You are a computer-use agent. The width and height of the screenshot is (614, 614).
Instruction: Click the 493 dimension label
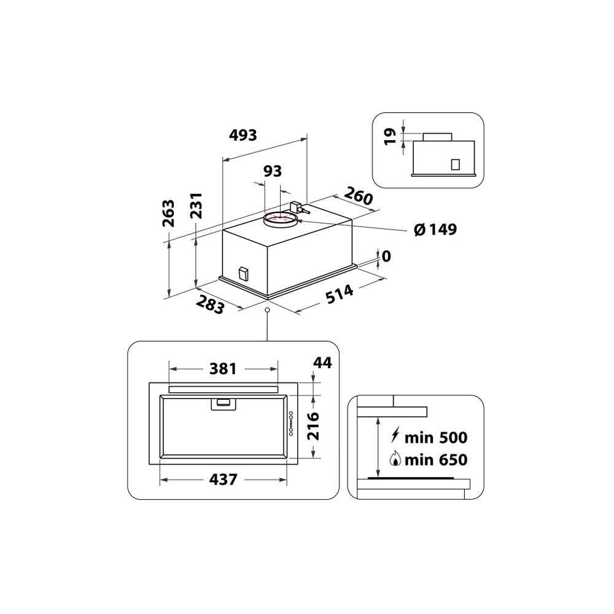click(x=243, y=135)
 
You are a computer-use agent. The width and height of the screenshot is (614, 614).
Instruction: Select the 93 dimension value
click(x=273, y=171)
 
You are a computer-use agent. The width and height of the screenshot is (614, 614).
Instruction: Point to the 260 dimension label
click(x=359, y=196)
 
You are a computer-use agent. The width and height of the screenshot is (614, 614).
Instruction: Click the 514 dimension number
click(x=340, y=293)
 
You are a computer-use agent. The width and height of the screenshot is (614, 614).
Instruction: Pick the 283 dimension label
click(x=211, y=305)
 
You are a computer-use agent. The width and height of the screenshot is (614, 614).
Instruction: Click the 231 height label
click(x=196, y=206)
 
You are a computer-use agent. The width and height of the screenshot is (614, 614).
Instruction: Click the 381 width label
click(x=222, y=369)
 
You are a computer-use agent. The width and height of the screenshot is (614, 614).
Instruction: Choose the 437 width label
click(x=222, y=480)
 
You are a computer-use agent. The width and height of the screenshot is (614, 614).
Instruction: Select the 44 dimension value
click(x=322, y=363)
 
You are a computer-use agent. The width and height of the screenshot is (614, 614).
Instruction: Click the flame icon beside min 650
click(x=397, y=459)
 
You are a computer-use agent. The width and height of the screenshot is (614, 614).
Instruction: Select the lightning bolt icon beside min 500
click(x=397, y=437)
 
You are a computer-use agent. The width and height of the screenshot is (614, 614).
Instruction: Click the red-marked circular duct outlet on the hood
click(x=279, y=218)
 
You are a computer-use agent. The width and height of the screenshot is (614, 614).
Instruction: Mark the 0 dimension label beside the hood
click(x=386, y=256)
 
